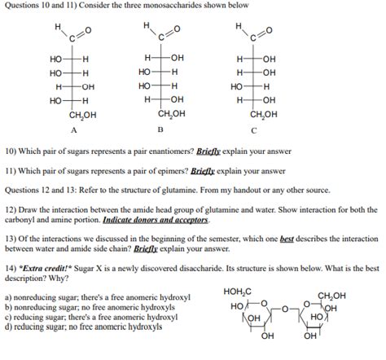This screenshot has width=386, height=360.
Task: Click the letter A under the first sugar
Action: [x=73, y=129]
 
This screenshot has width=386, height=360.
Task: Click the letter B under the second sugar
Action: [x=160, y=129]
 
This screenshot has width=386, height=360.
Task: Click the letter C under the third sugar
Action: [x=254, y=129]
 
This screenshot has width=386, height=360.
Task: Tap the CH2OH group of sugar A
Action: [x=82, y=116]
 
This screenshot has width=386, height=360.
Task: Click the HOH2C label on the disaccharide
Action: [x=237, y=292]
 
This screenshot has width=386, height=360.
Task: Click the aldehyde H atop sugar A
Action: [x=58, y=26]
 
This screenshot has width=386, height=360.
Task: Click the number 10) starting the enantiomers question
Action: [x=11, y=151]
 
